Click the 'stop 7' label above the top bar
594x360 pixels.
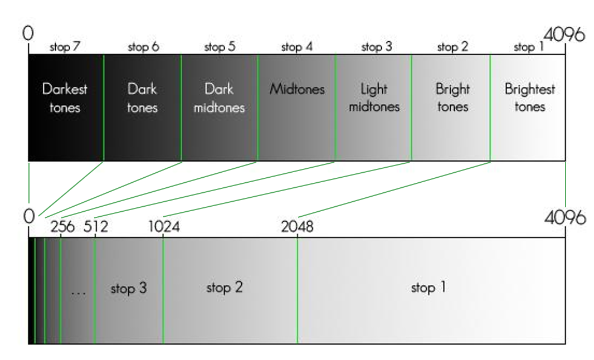click(65, 47)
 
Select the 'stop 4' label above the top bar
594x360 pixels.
click(297, 47)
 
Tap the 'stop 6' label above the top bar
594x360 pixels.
click(143, 47)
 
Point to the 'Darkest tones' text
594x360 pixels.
click(65, 98)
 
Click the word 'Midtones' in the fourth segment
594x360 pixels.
click(297, 89)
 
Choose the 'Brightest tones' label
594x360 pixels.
click(529, 98)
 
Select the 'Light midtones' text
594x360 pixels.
click(374, 98)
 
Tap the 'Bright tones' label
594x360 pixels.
click(452, 98)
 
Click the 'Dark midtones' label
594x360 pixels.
click(219, 98)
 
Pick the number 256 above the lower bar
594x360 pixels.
click(62, 227)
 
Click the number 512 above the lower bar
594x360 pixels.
click(95, 227)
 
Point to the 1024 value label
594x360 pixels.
click(164, 227)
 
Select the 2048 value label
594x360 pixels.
click(298, 227)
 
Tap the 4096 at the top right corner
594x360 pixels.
click(564, 35)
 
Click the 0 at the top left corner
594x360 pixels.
click(28, 33)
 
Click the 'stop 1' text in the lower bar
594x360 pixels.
click(429, 288)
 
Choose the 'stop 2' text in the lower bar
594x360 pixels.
click(225, 288)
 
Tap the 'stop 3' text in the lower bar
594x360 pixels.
click(129, 289)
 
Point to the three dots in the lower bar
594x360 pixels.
click(79, 292)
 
